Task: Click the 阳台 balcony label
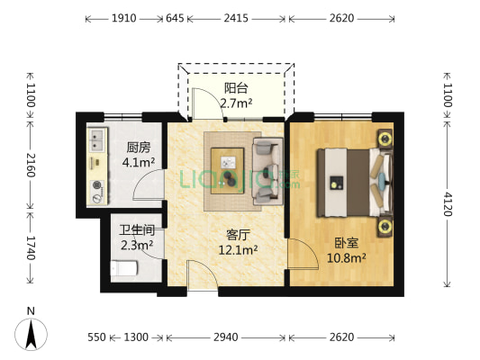pyautogui.click(x=237, y=88)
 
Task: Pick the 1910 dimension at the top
pyautogui.click(x=124, y=18)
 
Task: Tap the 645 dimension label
pyautogui.click(x=176, y=18)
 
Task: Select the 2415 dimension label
pyautogui.click(x=236, y=18)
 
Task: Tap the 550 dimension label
pyautogui.click(x=97, y=337)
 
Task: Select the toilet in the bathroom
pyautogui.click(x=122, y=266)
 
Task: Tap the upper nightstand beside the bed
pyautogui.click(x=385, y=139)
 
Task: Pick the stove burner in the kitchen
pyautogui.click(x=96, y=191)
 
